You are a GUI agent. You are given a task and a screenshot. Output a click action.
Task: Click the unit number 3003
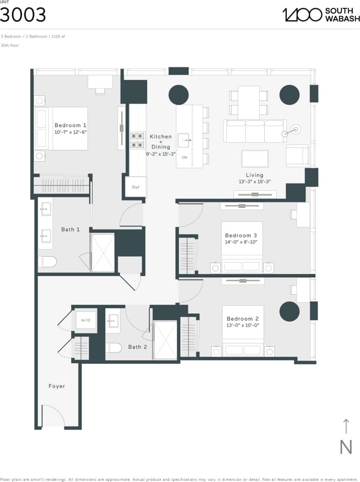click(23, 15)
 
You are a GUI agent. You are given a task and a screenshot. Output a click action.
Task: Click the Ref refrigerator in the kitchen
click(136, 187)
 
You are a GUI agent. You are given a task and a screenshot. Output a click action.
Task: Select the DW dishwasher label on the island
click(185, 157)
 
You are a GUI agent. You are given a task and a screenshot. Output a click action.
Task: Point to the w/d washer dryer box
click(85, 320)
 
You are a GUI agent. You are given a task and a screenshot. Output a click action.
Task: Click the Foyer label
click(57, 386)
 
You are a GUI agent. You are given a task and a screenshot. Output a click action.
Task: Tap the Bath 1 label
click(70, 229)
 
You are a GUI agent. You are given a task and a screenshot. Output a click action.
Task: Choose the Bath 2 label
click(137, 347)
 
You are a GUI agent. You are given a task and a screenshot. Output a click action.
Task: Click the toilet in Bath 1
click(48, 261)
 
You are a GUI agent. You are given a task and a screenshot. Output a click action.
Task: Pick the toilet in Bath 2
click(114, 348)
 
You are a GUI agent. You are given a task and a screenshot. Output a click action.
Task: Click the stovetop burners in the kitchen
click(137, 140)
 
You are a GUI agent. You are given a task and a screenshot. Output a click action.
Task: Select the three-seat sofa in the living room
click(255, 131)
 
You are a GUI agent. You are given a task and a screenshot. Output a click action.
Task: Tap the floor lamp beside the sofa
click(295, 130)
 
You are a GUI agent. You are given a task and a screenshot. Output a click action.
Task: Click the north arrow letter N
click(346, 447)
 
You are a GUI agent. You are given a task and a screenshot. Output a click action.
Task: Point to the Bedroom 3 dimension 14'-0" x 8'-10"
click(241, 242)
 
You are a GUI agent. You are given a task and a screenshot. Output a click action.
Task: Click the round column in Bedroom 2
click(289, 311)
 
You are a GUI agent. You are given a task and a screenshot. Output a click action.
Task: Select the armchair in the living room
click(298, 156)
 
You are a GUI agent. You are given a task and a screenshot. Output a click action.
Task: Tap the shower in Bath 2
click(165, 340)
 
